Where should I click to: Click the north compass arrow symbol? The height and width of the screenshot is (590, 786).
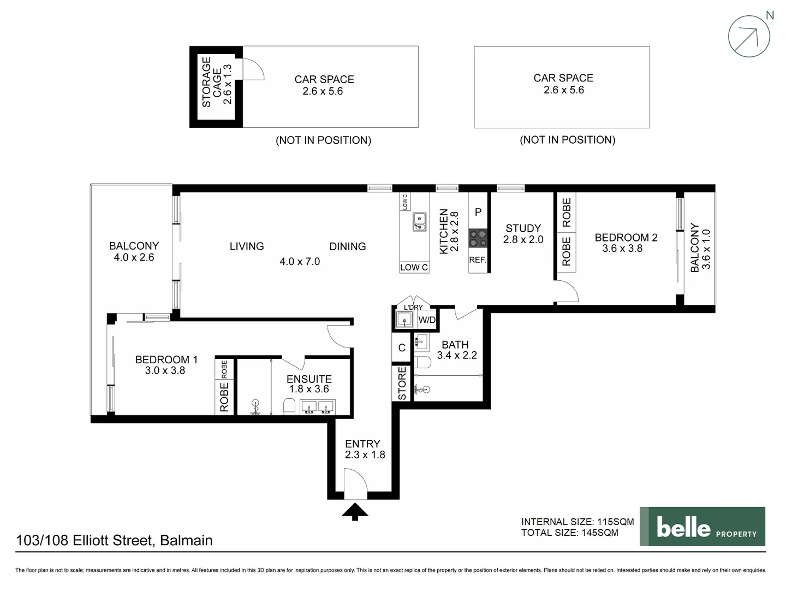coord(749,37)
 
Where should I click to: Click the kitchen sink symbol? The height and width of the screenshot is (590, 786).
coord(419,221)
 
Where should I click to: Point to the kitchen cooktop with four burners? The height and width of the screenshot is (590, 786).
coord(478,238)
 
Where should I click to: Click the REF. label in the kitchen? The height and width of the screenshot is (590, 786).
coord(478,260)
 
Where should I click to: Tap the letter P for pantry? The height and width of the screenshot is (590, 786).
coord(478,212)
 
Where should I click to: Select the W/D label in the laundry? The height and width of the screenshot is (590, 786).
coord(427,320)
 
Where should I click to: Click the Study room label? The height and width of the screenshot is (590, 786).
coord(523,228)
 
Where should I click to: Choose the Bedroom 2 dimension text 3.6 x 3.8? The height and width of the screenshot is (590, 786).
coord(622,249)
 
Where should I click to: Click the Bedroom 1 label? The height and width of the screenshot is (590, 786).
coord(166,359)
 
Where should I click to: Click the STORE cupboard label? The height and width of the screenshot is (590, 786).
coord(402,383)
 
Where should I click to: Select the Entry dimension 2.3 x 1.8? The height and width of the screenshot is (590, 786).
coord(365,455)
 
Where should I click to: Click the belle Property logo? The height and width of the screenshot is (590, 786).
coord(702,527)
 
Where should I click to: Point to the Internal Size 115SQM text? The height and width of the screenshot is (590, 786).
coord(577,522)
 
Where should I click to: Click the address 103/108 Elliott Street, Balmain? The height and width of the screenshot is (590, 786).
coord(115,540)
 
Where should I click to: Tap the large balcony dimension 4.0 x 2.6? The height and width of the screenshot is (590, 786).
coord(134,257)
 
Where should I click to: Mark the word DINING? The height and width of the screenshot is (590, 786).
coord(347,246)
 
